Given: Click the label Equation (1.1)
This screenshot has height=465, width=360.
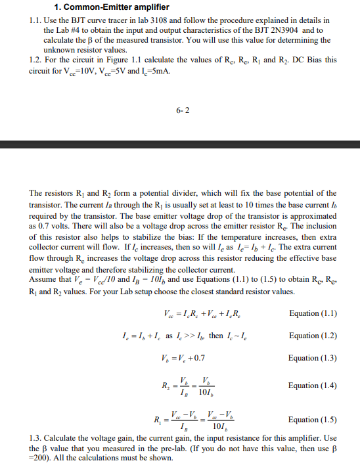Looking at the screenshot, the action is click(x=313, y=313).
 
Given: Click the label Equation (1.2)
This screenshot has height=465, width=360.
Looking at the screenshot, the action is click(x=313, y=336).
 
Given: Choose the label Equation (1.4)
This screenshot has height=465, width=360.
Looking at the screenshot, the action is click(x=313, y=386).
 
